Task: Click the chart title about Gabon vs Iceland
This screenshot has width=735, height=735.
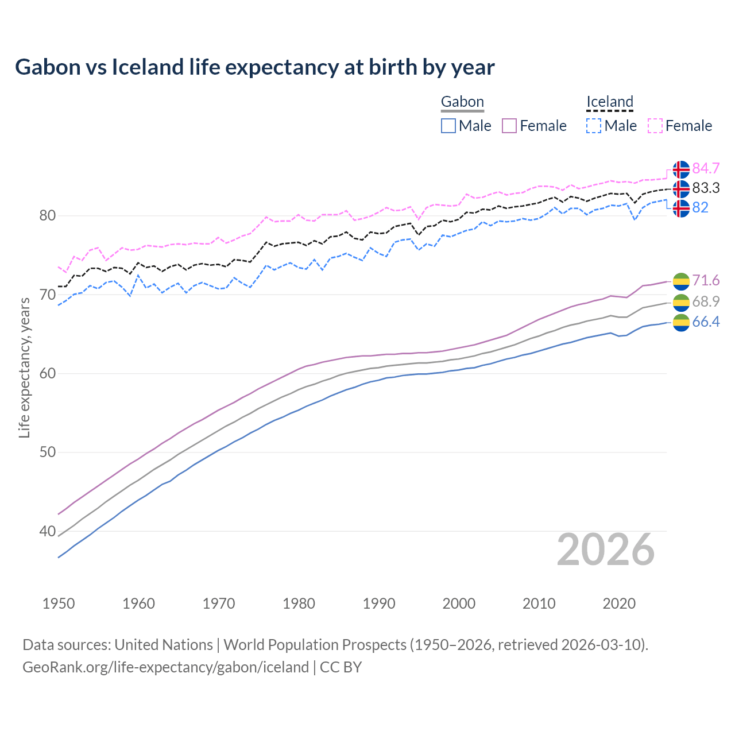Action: [x=254, y=67]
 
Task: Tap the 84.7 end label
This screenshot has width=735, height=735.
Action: [x=706, y=168]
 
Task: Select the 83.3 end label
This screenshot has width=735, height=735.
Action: [x=706, y=188]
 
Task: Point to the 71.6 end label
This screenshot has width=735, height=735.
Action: [x=706, y=280]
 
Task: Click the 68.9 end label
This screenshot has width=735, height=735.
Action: [x=706, y=301]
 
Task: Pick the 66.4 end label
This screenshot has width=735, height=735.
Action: [x=706, y=322]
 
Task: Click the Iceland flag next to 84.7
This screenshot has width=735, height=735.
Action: [x=681, y=169]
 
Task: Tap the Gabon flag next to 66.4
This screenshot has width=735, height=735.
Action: [x=681, y=323]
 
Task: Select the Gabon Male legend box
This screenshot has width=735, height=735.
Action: [x=448, y=126]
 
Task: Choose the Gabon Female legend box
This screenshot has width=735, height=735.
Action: [x=509, y=126]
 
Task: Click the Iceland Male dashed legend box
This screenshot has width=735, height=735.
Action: [x=594, y=126]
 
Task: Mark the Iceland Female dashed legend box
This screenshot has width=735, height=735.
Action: [x=655, y=126]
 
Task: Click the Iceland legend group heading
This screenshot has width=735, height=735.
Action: [x=609, y=102]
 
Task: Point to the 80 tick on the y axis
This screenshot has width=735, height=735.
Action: [x=48, y=216]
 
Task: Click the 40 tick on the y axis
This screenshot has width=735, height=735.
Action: [x=48, y=531]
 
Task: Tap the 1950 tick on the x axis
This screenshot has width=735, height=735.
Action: [x=59, y=604]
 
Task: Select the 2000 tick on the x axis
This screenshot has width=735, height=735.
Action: [x=459, y=604]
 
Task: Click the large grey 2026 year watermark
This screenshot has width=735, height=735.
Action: [x=606, y=550]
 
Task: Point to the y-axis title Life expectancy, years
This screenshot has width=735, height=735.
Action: [x=24, y=367]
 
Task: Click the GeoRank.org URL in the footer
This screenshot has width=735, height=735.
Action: [x=165, y=667]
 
